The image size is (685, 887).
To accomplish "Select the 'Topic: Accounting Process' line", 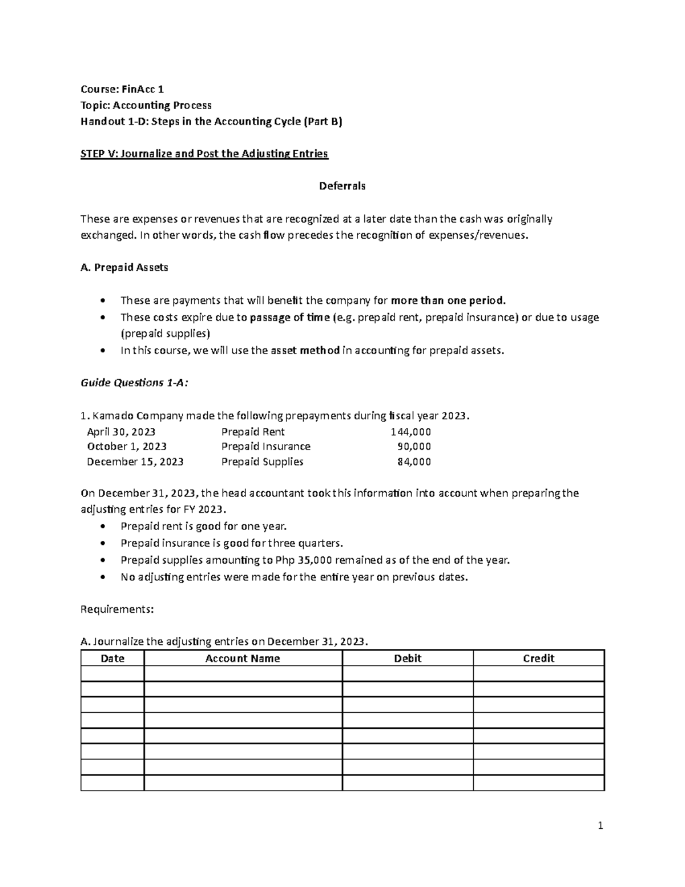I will pyautogui.click(x=146, y=105).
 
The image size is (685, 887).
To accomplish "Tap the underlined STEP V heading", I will pyautogui.click(x=204, y=154).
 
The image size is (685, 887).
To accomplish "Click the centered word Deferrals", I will pyautogui.click(x=342, y=186).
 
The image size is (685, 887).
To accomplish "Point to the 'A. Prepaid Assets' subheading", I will pyautogui.click(x=124, y=267).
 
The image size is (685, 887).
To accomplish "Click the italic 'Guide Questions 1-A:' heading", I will pyautogui.click(x=134, y=383).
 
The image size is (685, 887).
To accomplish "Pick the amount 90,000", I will pyautogui.click(x=414, y=447).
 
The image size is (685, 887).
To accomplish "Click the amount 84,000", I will pyautogui.click(x=414, y=462).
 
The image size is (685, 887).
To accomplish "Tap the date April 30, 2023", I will pyautogui.click(x=121, y=432).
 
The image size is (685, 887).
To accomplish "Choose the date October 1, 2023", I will pyautogui.click(x=127, y=447).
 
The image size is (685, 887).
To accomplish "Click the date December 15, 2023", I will pyautogui.click(x=135, y=462).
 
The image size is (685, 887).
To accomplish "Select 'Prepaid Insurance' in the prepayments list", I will pyautogui.click(x=266, y=447).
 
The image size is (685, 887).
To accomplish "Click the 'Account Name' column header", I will pyautogui.click(x=243, y=659).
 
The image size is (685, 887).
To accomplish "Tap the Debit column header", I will pyautogui.click(x=408, y=659).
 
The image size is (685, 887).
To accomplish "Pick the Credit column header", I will pyautogui.click(x=538, y=659).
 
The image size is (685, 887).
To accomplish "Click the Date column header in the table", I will pyautogui.click(x=112, y=659).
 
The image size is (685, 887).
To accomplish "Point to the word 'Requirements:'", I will pyautogui.click(x=117, y=609).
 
